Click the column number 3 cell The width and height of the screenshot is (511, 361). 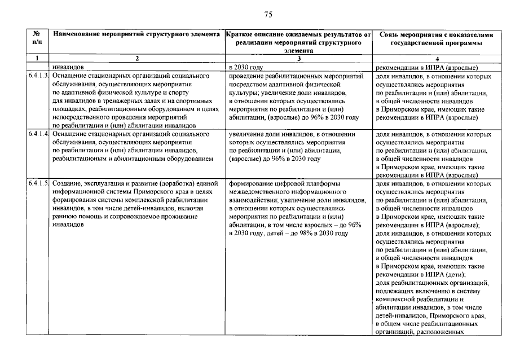coord(299,59)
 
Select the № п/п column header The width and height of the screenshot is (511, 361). coord(37,38)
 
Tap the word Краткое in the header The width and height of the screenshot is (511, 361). coord(239,34)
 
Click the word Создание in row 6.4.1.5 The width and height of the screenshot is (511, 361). coord(68,184)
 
